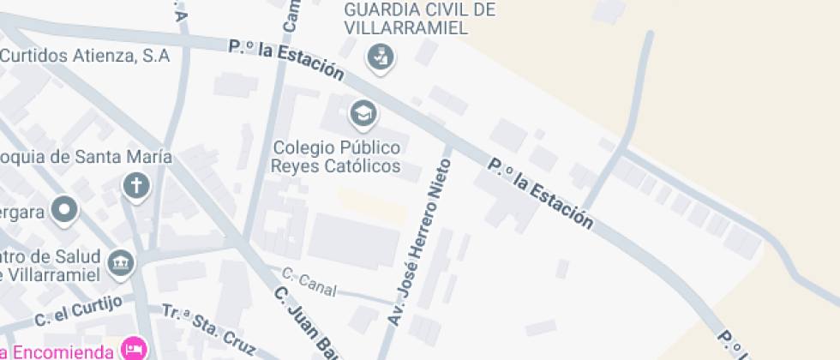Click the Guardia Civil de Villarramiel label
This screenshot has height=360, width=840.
(x=419, y=18)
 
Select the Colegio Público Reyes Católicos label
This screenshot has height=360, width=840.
(x=336, y=156)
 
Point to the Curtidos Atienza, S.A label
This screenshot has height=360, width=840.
(x=85, y=56)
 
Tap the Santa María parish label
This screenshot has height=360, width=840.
(x=86, y=157)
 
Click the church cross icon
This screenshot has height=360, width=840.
(x=135, y=184)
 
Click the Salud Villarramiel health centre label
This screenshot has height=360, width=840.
(x=51, y=266)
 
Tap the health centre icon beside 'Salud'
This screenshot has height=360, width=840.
(x=121, y=261)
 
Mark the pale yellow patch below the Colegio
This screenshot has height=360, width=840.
(x=372, y=205)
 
